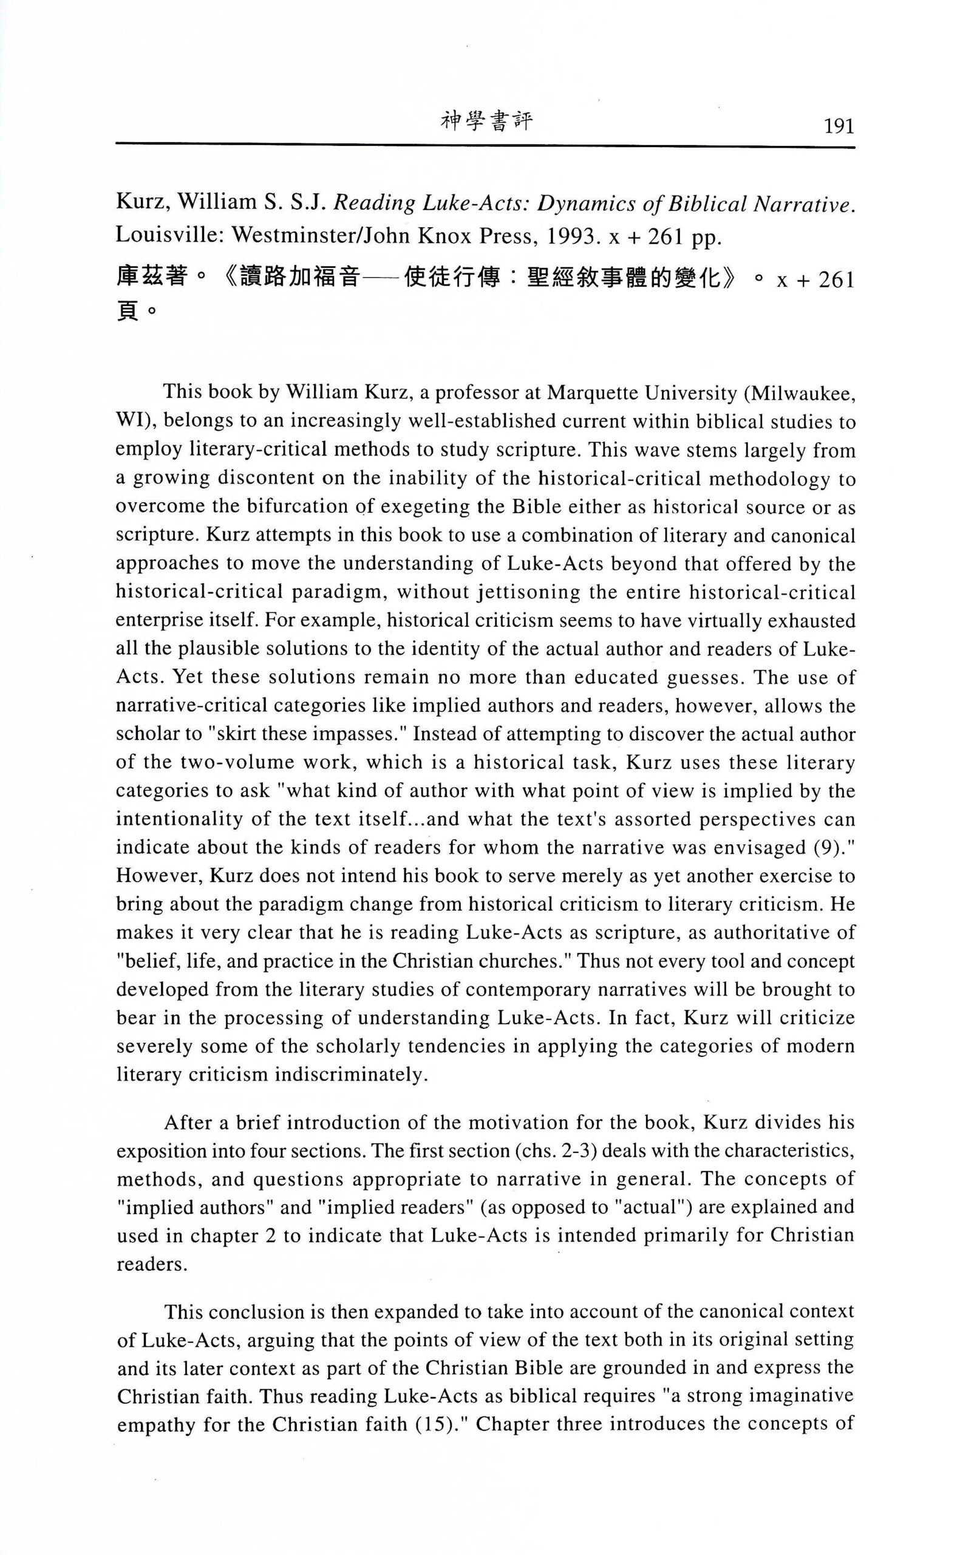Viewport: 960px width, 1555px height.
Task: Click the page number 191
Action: pyautogui.click(x=837, y=127)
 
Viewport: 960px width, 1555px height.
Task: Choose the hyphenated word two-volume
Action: pyautogui.click(x=209, y=762)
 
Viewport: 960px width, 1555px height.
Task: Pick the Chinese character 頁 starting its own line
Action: pyautogui.click(x=127, y=312)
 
